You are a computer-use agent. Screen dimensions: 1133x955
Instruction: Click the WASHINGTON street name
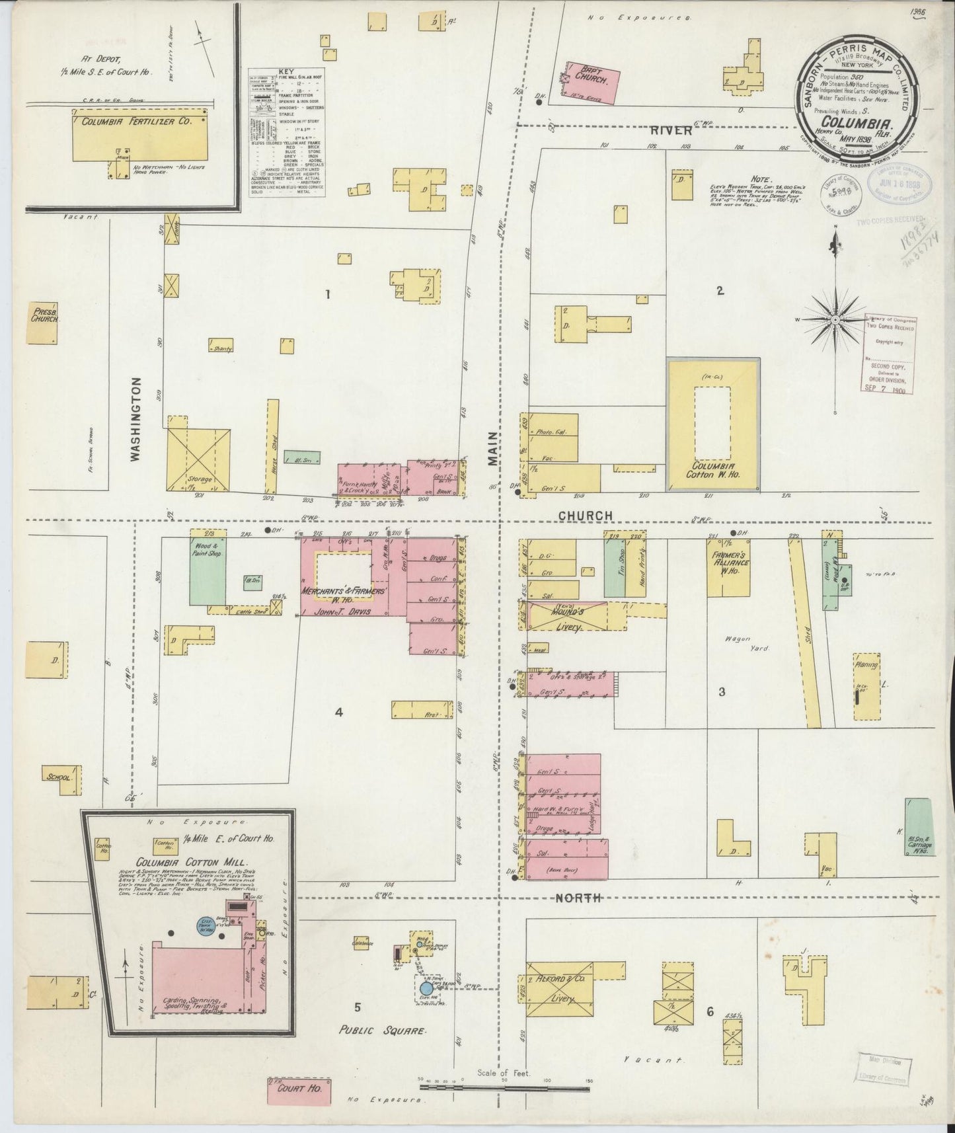click(136, 418)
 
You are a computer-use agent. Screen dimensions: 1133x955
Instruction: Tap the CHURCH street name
click(585, 516)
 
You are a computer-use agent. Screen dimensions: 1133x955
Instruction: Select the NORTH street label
click(578, 898)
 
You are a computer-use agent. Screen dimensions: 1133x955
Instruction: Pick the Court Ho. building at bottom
click(299, 1087)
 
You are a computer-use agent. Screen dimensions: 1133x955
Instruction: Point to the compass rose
click(835, 320)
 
